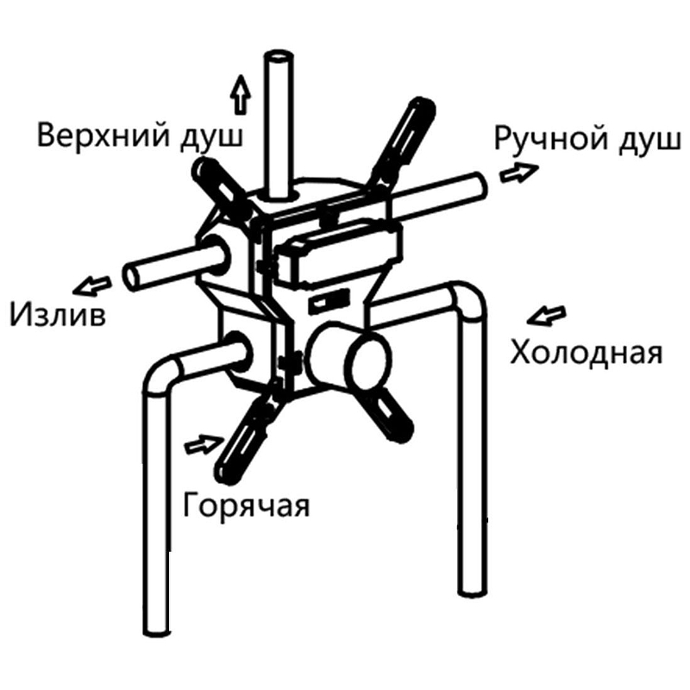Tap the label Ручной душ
588,140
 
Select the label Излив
58,314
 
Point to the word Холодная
586,354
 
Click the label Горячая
247,505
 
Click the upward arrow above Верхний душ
241,95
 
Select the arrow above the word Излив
92,285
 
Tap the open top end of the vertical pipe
279,57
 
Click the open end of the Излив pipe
132,277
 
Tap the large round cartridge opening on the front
369,361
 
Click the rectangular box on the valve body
336,252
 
